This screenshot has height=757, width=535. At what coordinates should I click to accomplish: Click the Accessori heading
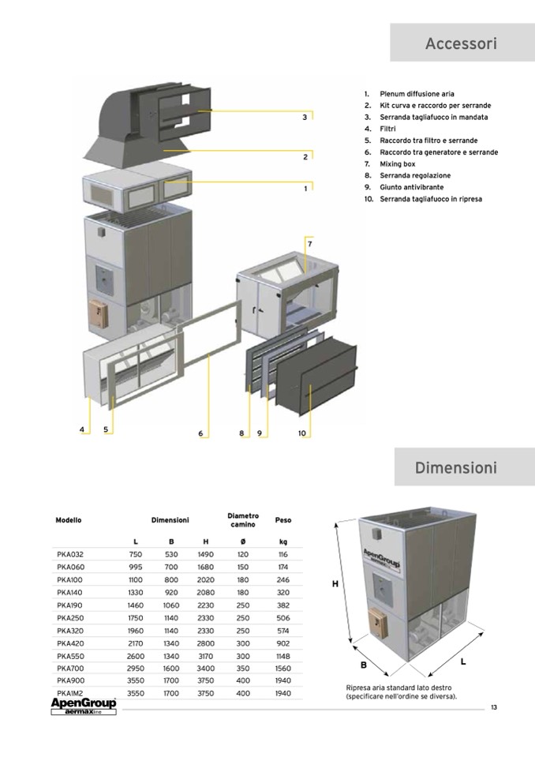tap(461, 43)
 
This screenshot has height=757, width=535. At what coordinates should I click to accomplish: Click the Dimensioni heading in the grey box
tap(456, 468)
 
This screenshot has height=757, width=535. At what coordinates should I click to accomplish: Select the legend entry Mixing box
tap(398, 163)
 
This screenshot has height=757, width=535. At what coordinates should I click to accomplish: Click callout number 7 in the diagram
tap(309, 244)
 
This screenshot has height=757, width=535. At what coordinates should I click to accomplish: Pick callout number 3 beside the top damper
tap(305, 118)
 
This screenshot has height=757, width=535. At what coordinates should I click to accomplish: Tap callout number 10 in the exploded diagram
tap(301, 433)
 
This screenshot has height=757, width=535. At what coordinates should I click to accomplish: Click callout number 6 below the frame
tap(200, 433)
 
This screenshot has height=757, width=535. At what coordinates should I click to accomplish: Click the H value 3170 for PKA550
tap(205, 656)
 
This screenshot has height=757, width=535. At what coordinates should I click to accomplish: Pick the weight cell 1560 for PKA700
tap(282, 668)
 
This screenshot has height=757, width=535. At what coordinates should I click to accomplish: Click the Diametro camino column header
tap(242, 520)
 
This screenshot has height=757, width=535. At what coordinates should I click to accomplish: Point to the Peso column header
tap(282, 520)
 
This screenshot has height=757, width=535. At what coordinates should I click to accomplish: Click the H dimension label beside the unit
tap(335, 584)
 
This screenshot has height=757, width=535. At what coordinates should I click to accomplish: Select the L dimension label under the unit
tap(463, 661)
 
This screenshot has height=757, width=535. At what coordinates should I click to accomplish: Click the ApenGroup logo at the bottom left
tap(83, 705)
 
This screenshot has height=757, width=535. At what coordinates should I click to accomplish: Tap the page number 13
tap(493, 706)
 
